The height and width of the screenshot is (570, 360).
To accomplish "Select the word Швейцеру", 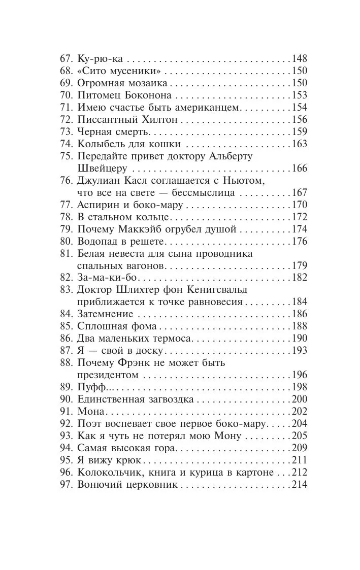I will tap(99, 168).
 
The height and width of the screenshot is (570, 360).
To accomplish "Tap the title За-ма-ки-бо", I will tap(108, 278).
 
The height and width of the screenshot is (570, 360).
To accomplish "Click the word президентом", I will tap(106, 375).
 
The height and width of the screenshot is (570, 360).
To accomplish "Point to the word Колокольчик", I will tap(106, 473).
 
